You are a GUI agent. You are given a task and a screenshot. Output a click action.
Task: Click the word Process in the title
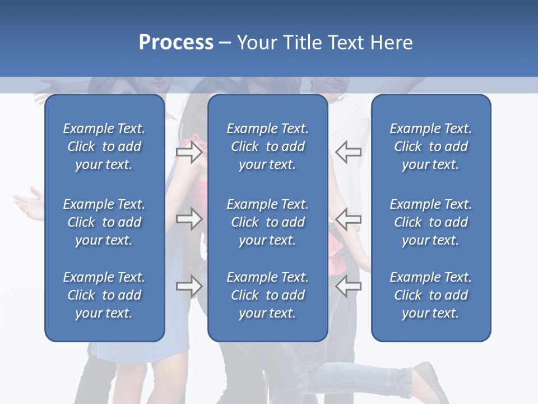[x=176, y=43]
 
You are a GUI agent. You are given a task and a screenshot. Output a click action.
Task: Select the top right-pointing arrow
[x=189, y=152]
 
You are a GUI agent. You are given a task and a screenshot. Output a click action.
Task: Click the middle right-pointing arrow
[x=189, y=219]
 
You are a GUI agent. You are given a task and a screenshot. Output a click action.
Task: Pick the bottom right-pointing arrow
[x=189, y=286]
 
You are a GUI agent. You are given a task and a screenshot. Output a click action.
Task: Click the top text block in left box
[x=104, y=146]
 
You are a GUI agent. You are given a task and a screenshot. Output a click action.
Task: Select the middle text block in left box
[x=104, y=222]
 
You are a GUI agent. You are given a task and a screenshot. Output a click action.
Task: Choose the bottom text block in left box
[x=104, y=295]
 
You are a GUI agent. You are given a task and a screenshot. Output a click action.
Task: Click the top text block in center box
[x=267, y=146]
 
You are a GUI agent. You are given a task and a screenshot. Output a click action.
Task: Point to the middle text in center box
[x=267, y=222]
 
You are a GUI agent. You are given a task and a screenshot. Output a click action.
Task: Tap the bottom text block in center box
[x=267, y=295]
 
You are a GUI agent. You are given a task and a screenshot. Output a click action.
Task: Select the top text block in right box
[x=430, y=146]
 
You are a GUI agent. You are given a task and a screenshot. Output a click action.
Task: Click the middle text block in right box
[x=430, y=222]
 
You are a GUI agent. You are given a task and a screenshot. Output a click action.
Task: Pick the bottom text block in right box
[x=430, y=295]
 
